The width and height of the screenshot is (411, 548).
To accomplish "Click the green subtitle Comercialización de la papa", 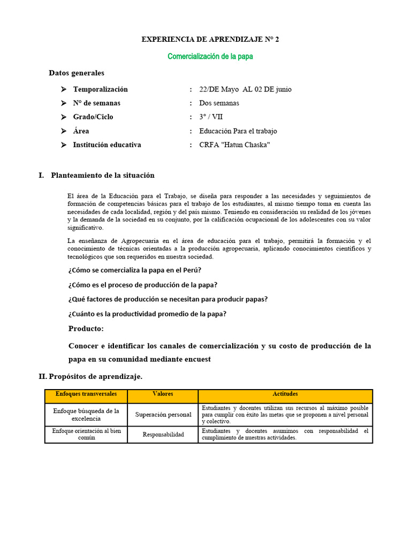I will [210, 56].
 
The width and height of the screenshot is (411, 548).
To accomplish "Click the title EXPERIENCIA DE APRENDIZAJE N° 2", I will [210, 40].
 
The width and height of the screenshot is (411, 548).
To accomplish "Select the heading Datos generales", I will [77, 73].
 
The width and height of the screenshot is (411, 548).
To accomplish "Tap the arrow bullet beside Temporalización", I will [64, 89].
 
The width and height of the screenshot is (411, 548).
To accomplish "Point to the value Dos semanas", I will [219, 103].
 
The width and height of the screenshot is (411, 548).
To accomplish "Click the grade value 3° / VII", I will [211, 117].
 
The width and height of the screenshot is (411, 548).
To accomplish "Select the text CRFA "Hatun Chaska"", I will [234, 145].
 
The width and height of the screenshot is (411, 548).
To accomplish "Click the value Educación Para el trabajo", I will [238, 131].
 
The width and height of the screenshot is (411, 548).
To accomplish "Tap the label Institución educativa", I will [107, 145].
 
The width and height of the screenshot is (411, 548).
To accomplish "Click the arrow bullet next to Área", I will [64, 131].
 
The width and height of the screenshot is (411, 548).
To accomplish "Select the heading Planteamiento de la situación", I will [102, 176].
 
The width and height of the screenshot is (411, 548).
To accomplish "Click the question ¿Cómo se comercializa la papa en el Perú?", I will [134, 270].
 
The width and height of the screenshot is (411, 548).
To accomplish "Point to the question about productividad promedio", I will [147, 314].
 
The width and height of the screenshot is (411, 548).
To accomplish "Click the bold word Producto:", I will [86, 328].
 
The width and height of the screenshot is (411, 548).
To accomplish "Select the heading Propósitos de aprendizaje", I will [95, 377].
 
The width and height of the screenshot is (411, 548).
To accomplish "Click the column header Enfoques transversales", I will [86, 394].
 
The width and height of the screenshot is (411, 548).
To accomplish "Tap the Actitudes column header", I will [285, 394].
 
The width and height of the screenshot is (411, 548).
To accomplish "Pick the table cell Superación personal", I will [163, 415].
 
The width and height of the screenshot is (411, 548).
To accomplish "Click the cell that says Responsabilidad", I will [163, 435].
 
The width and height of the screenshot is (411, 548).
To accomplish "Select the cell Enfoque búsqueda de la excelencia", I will [86, 415].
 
